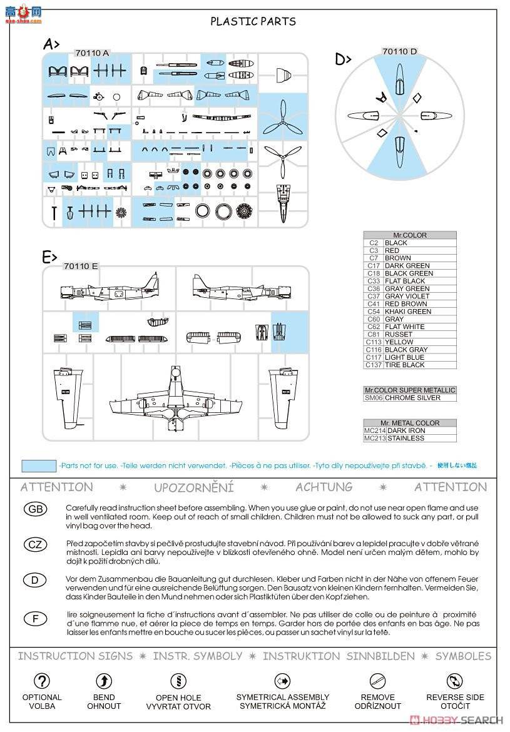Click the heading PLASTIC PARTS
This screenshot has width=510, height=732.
(x=253, y=21)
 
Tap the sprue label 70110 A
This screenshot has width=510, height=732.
(x=91, y=53)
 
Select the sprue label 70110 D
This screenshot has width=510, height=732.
(x=399, y=52)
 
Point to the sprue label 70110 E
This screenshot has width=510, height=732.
(x=81, y=266)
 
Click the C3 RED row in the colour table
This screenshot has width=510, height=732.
(x=409, y=250)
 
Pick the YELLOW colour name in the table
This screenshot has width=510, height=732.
(x=399, y=342)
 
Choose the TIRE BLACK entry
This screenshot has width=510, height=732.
(x=404, y=365)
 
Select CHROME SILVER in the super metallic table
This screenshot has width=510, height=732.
(x=412, y=398)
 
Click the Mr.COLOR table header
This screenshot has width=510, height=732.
(x=409, y=235)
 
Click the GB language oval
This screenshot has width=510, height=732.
(x=36, y=509)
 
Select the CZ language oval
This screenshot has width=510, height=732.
(x=36, y=544)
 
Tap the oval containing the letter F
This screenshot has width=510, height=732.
(x=36, y=619)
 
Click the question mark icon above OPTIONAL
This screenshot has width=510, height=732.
(x=42, y=681)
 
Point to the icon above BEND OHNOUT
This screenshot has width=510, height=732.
(x=104, y=681)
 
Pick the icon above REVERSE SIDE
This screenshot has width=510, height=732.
(x=455, y=681)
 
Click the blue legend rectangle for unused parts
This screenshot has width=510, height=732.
(x=39, y=466)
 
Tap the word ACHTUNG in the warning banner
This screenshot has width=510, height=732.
(x=324, y=487)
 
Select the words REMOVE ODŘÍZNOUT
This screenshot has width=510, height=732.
(x=378, y=701)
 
